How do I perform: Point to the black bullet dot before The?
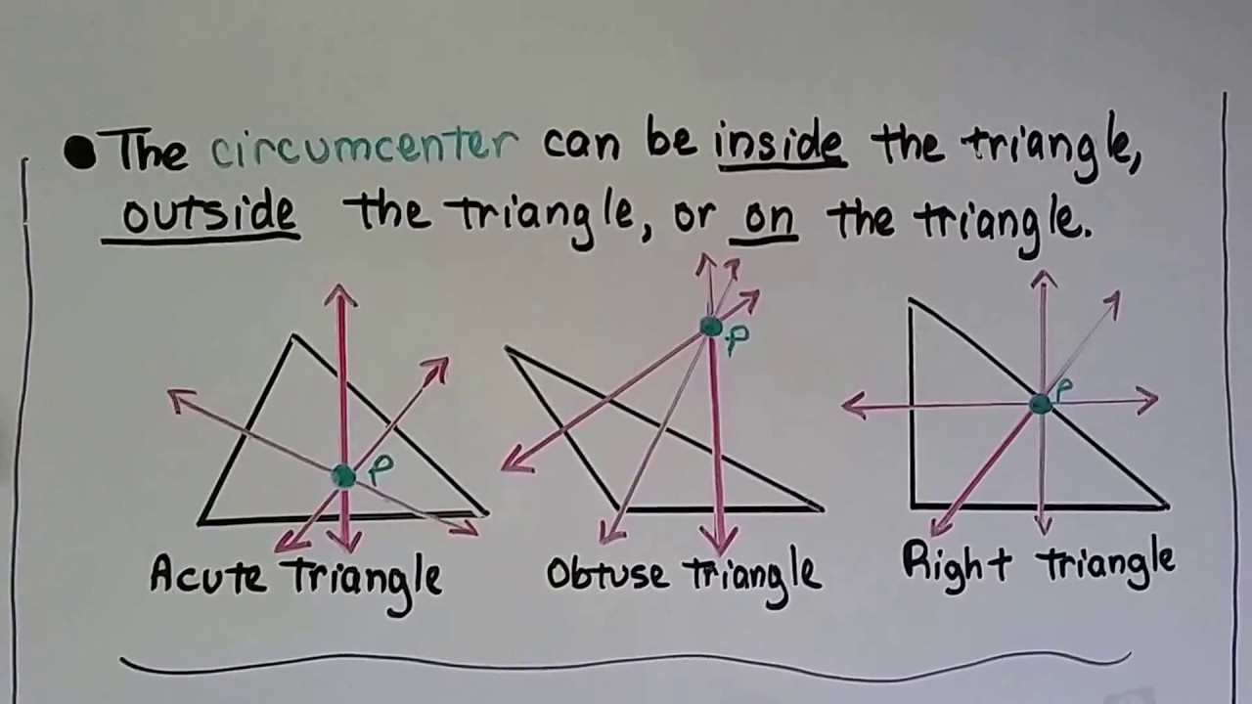pos(79,153)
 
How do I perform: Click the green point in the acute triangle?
pos(343,476)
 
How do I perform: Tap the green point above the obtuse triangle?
pos(711,327)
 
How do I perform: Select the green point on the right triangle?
pos(1040,403)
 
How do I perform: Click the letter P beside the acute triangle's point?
pos(380,470)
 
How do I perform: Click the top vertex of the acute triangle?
pos(293,337)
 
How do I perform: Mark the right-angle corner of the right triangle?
pos(913,505)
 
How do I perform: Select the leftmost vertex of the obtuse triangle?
pos(508,349)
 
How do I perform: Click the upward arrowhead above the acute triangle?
pos(340,292)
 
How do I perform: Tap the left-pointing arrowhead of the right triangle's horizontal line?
pos(852,405)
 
